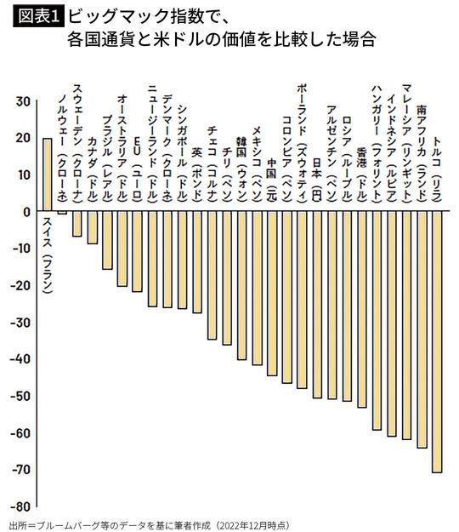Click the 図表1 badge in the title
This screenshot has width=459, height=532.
point(35,15)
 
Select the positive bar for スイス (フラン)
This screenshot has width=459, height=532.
point(48,174)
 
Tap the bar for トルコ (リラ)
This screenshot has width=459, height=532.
point(437,340)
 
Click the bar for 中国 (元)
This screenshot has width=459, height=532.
point(272,293)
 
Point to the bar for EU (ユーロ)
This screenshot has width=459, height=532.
point(137,251)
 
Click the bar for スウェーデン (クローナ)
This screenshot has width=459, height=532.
point(77,224)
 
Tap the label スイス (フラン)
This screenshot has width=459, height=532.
point(48,255)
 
